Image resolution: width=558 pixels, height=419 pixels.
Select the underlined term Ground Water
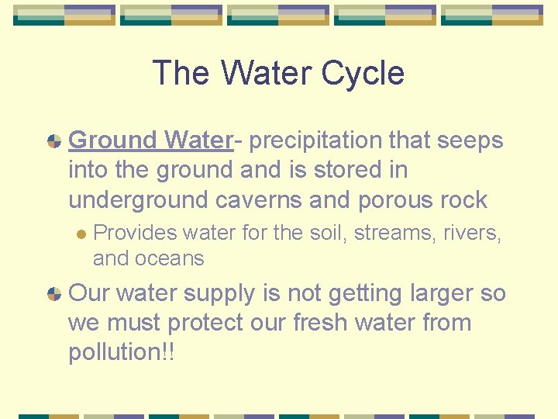pyautogui.click(x=150, y=140)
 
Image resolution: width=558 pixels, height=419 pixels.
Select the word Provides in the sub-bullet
pyautogui.click(x=133, y=233)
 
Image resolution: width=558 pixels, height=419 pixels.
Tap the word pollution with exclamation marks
pyautogui.click(x=122, y=352)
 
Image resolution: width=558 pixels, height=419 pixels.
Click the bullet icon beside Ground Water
pyautogui.click(x=53, y=141)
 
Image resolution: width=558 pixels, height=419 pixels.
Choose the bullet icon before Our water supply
pyautogui.click(x=53, y=294)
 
